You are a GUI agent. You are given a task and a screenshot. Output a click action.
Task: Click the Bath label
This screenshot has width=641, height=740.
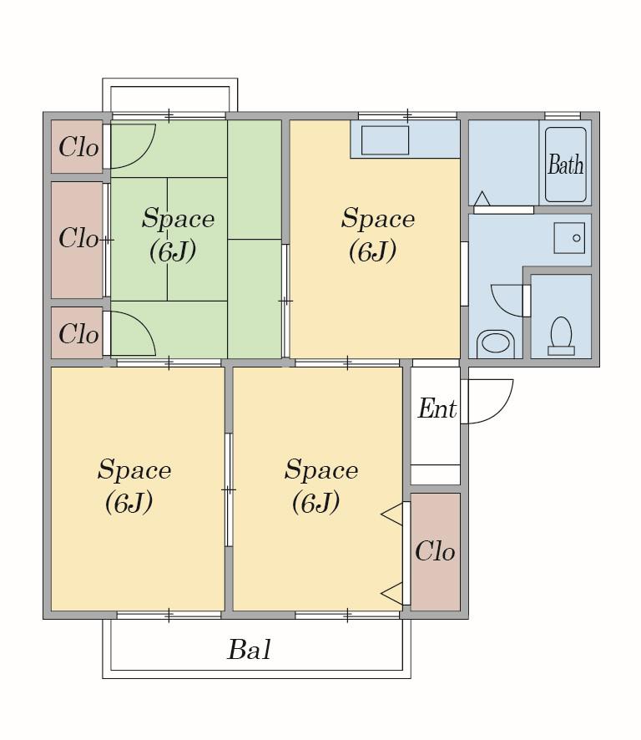point(565,165)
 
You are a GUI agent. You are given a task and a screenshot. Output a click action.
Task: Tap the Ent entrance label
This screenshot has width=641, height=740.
point(437,408)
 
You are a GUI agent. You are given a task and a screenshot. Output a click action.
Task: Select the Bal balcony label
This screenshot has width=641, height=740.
point(249,650)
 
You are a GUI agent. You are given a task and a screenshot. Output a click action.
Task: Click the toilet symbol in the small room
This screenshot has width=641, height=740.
point(561,336)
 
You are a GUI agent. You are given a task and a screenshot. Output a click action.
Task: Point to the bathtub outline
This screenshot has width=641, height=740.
point(566,165)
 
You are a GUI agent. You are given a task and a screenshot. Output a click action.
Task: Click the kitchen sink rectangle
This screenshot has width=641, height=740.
point(385,139)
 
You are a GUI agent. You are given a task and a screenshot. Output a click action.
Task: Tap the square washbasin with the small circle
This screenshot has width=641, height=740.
point(569,238)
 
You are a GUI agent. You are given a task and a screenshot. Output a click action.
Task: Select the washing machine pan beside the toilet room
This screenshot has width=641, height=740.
point(495,343)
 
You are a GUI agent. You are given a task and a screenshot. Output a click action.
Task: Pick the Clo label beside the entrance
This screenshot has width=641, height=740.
point(435,550)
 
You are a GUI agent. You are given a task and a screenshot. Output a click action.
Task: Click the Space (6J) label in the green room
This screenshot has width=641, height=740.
point(178,234)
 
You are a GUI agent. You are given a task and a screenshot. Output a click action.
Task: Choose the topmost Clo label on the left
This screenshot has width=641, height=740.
point(78,147)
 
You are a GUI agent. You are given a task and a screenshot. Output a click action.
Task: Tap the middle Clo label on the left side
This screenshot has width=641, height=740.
point(78,237)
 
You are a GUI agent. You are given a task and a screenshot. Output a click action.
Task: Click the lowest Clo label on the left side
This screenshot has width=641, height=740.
point(78,333)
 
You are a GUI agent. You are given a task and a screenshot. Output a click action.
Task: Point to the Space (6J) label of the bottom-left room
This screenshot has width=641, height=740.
point(134,485)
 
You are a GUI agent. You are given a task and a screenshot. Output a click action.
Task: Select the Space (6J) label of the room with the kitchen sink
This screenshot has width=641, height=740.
point(378,234)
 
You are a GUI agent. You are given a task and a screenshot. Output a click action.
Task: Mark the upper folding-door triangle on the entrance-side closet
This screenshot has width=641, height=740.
point(392,514)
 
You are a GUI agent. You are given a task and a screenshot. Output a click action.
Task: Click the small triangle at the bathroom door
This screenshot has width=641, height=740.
point(482,199)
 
